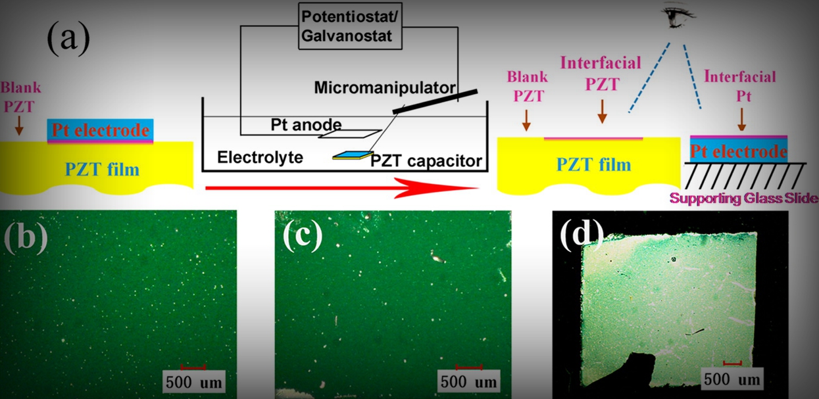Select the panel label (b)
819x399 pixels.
(x=26, y=237)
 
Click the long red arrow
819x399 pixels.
(x=342, y=189)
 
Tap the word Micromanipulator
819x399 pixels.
(x=385, y=87)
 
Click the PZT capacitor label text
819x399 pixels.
(x=427, y=160)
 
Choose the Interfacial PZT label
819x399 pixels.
(x=600, y=73)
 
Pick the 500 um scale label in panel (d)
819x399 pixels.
(x=732, y=379)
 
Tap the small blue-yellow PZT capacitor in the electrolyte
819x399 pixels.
(x=352, y=156)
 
